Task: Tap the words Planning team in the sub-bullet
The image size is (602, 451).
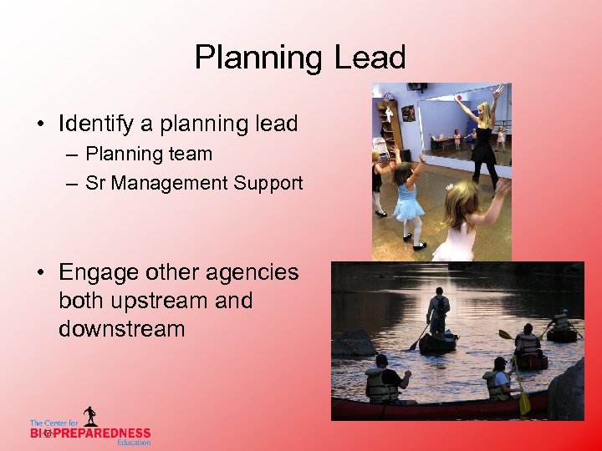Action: [149, 154]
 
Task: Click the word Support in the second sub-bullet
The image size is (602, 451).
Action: [268, 184]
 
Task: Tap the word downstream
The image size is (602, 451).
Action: [122, 328]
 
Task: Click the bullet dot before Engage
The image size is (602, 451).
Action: [42, 273]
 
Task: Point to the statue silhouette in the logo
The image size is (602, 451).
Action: [89, 416]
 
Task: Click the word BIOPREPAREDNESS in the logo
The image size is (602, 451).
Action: [90, 433]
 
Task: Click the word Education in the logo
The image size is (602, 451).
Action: [134, 443]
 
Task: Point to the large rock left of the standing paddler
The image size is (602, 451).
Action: [355, 342]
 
